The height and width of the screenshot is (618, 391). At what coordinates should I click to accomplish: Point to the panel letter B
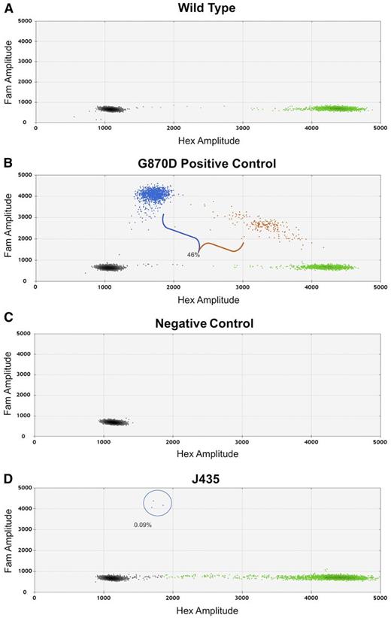coord(6,164)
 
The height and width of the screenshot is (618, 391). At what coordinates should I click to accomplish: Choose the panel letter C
coord(6,323)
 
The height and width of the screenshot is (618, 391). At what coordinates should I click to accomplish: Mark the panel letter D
coord(6,478)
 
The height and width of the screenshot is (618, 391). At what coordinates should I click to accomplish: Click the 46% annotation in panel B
coord(194,256)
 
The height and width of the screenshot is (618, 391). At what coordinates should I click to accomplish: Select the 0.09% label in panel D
coord(143,525)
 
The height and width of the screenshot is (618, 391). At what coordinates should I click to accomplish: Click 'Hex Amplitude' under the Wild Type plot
coord(207,140)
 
